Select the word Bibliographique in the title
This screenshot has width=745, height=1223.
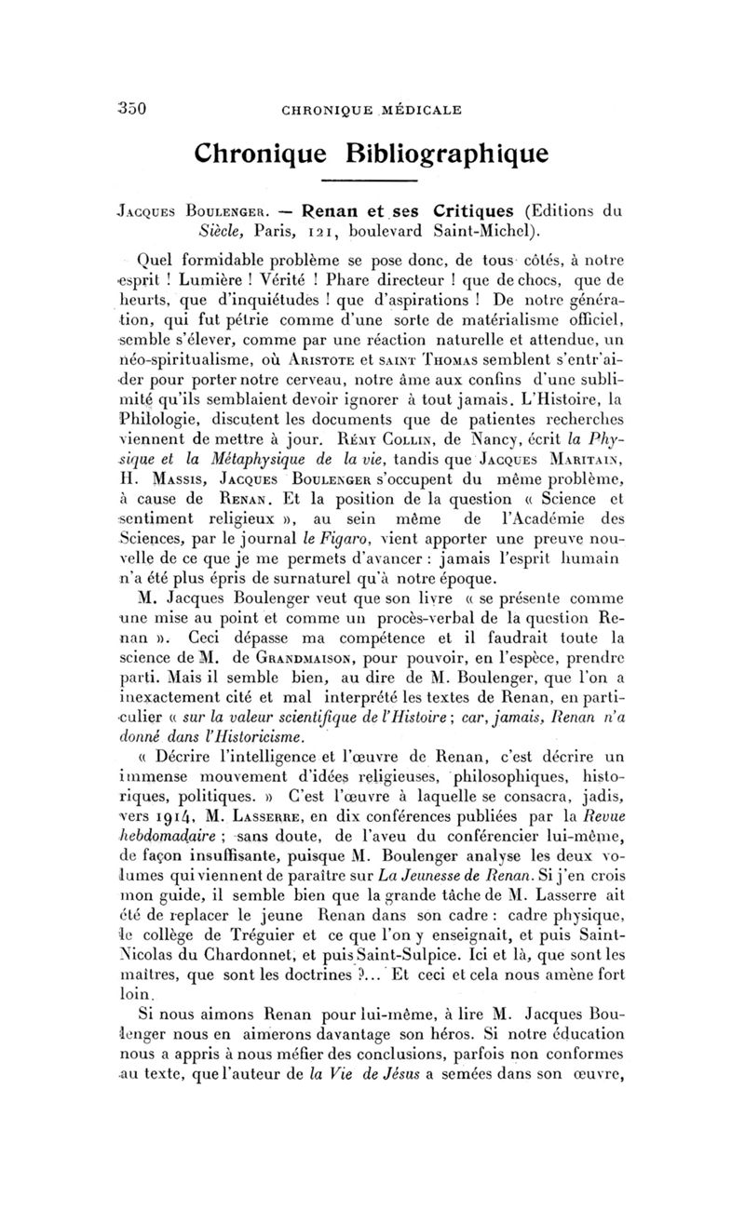(445, 151)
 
